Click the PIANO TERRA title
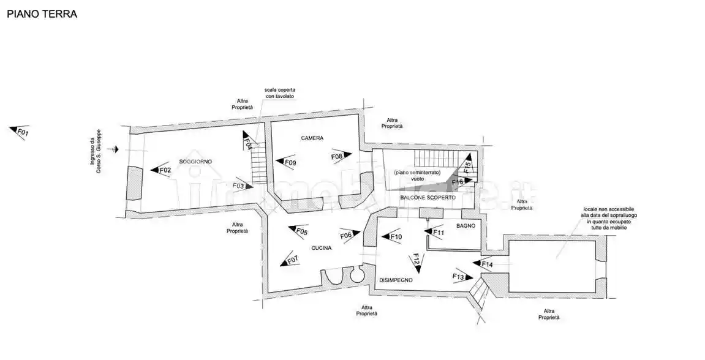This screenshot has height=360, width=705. pyautogui.click(x=42, y=14)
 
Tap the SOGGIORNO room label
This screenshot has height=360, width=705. pyautogui.click(x=195, y=161)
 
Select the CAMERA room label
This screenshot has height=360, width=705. pyautogui.click(x=312, y=138)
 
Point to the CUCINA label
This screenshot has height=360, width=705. pyautogui.click(x=322, y=248)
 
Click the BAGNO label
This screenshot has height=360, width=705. pyautogui.click(x=466, y=227)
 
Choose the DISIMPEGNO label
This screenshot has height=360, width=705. pyautogui.click(x=395, y=280)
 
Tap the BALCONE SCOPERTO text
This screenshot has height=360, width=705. pyautogui.click(x=428, y=198)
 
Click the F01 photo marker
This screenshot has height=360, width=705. pyautogui.click(x=20, y=132)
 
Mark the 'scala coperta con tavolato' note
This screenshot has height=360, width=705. pyautogui.click(x=280, y=93)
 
